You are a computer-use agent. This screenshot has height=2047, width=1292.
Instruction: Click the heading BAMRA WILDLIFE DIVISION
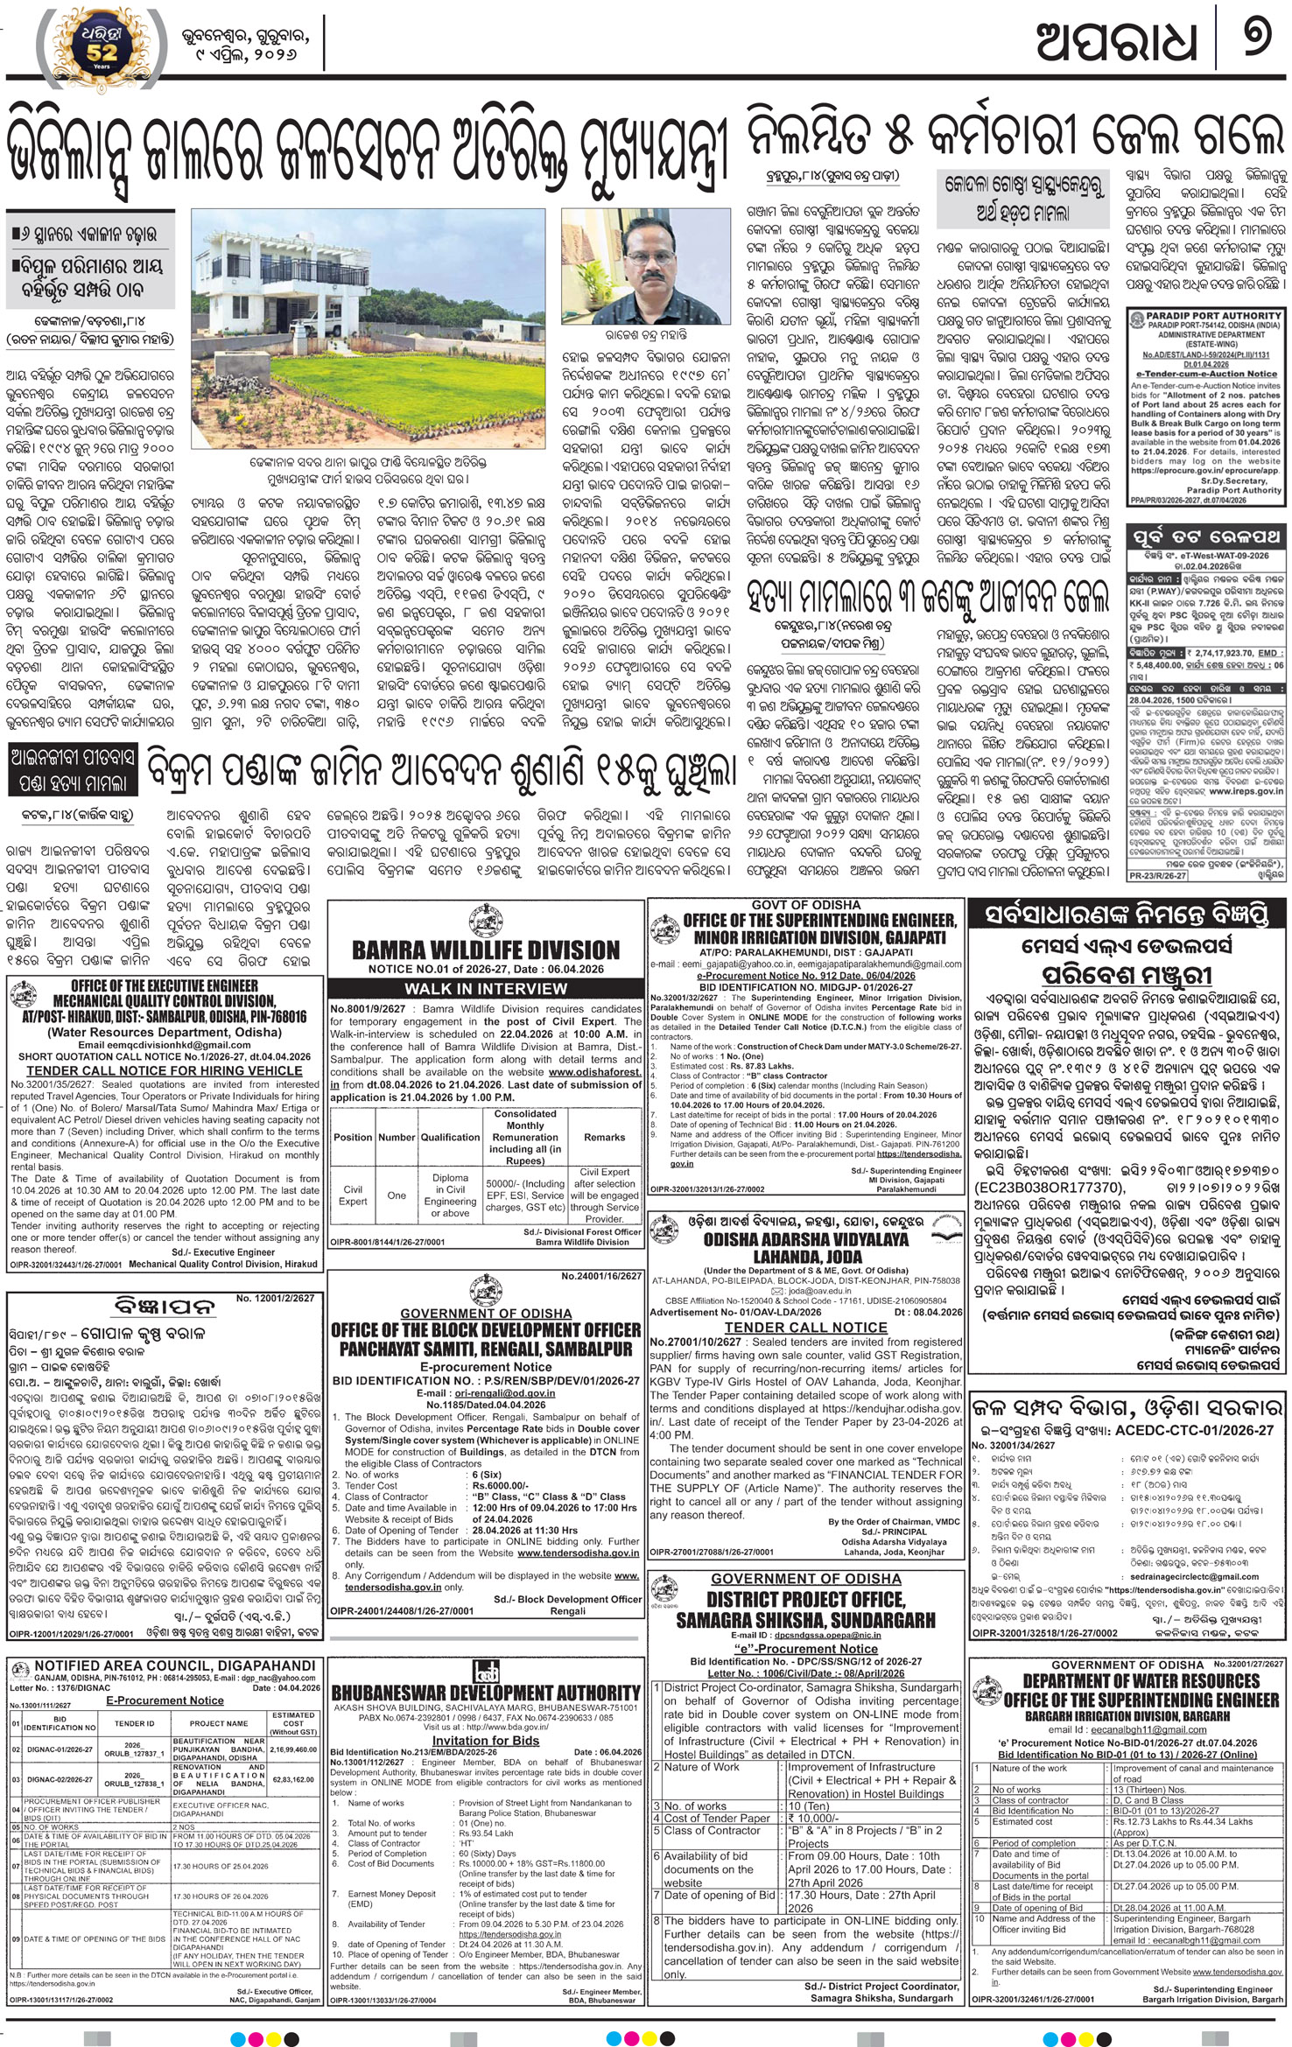[485, 950]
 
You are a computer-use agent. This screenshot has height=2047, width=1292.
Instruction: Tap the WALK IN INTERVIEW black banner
[485, 988]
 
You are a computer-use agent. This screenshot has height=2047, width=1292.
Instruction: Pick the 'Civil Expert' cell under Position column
[353, 1195]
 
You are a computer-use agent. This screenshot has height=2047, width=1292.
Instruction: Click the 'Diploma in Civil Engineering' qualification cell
[450, 1195]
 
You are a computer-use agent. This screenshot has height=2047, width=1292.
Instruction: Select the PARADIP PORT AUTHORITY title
[1205, 315]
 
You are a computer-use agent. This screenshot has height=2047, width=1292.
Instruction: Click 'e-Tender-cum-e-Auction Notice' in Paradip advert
[1204, 374]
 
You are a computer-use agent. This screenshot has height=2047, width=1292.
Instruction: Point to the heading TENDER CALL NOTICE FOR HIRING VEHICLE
[164, 1070]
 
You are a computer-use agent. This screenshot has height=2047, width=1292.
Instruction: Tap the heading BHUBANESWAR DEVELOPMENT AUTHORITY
[486, 1693]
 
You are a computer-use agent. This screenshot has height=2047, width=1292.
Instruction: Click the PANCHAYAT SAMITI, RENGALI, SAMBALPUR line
[485, 1349]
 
